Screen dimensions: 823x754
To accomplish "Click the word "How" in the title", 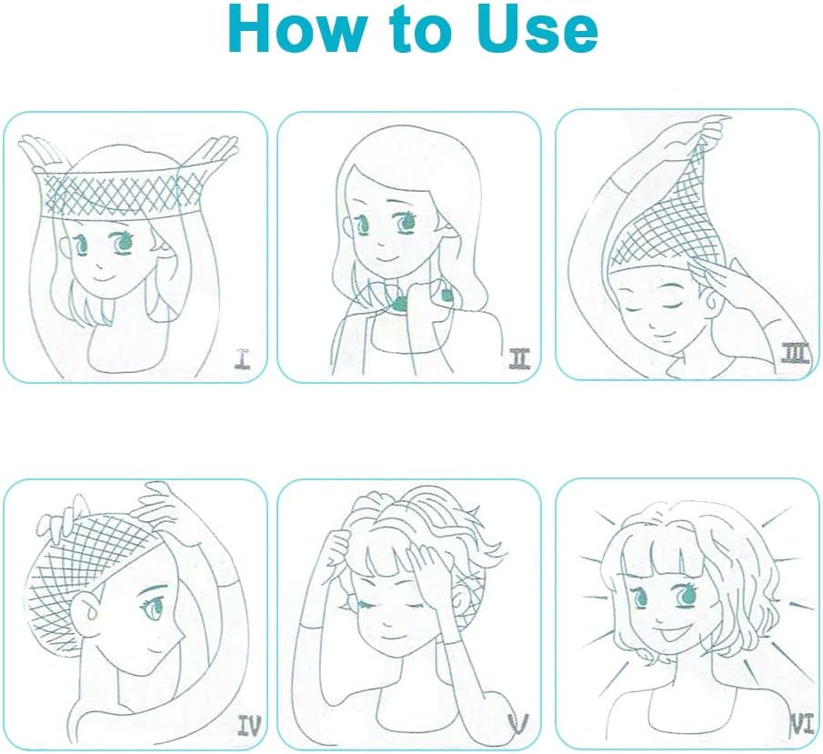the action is pos(294,29).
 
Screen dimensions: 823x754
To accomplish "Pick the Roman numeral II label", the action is pos(519,358).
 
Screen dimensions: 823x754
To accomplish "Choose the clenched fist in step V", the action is pos(337,546).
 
